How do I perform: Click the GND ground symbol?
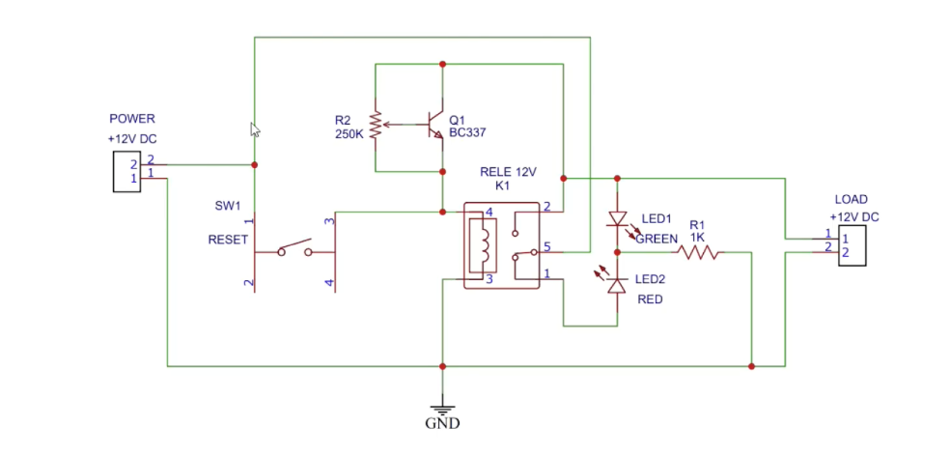coord(442,408)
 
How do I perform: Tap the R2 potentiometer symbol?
coord(376,124)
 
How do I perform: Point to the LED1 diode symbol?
coord(615,221)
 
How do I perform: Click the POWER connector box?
coord(126,170)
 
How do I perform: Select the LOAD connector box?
coord(852,245)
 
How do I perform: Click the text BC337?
coord(467,134)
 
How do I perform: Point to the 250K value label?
coord(349,134)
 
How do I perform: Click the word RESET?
coord(228,240)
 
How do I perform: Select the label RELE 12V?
coord(507,172)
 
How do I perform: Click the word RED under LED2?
coord(650,299)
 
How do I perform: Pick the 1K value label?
coord(697,236)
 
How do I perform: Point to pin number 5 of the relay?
coord(546,245)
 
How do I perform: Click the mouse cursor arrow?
coord(256,129)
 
